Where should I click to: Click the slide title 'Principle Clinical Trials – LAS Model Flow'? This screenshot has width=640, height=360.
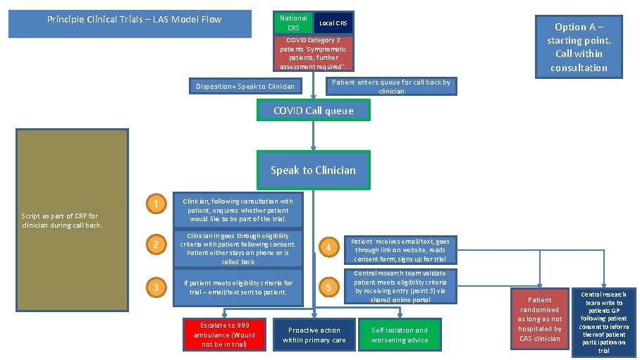pos(134,20)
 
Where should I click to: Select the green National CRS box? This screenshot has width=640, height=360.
pos(293,23)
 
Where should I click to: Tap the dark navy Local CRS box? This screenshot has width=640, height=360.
pos(331,23)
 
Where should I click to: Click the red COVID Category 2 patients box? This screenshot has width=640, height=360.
pos(313,54)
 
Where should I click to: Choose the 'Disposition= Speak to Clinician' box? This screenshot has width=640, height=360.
pos(245,87)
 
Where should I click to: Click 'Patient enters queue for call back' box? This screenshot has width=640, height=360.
pos(391,86)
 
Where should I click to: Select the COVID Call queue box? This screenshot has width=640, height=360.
pos(313,111)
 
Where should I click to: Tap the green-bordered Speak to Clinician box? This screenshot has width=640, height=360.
pos(313,170)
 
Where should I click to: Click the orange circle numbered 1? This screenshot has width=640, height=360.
pos(155,205)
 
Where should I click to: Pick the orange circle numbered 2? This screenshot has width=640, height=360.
pos(155,244)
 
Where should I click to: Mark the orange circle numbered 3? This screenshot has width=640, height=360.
pos(155,287)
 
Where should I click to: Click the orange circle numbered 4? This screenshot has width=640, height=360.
pos(326,247)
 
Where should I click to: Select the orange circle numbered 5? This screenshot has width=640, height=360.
pos(326,287)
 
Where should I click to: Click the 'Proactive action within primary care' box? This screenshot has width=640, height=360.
pos(314,335)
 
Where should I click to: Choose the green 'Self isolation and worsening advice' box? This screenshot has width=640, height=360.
pos(399,335)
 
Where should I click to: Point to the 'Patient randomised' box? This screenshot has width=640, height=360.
pos(540,319)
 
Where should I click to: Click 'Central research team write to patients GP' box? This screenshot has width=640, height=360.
pos(603,322)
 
